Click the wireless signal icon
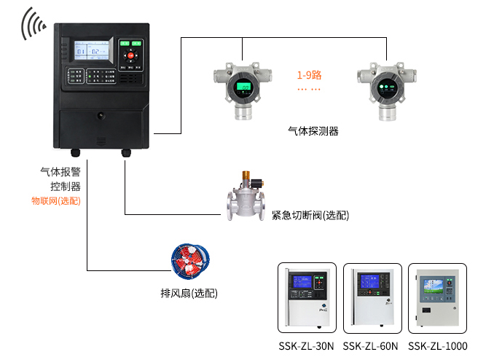[x=33, y=23]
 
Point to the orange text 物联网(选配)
[x=55, y=200]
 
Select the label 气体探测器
[x=313, y=131]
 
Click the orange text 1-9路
[x=309, y=75]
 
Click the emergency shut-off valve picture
[x=246, y=197]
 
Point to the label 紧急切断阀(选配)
[x=310, y=216]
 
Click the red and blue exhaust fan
[x=190, y=262]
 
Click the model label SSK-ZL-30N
[x=307, y=346]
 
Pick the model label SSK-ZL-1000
[x=438, y=346]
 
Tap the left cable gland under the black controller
[x=74, y=153]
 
